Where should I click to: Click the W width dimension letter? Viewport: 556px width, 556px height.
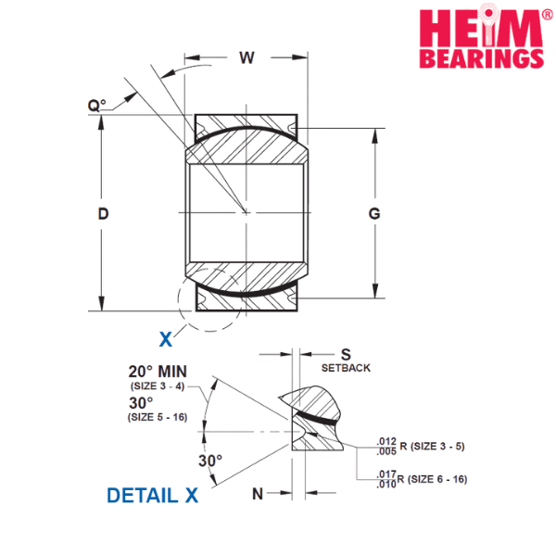pyautogui.click(x=246, y=57)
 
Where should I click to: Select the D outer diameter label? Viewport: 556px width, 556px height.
pyautogui.click(x=103, y=213)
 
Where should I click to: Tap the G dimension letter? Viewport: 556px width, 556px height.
pyautogui.click(x=374, y=213)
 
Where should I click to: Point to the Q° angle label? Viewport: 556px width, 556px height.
pyautogui.click(x=96, y=106)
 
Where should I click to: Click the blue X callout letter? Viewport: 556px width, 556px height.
pyautogui.click(x=166, y=339)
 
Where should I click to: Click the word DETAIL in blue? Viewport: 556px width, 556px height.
pyautogui.click(x=142, y=496)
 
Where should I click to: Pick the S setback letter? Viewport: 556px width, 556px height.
pyautogui.click(x=346, y=355)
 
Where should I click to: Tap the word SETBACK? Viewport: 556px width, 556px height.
pyautogui.click(x=346, y=368)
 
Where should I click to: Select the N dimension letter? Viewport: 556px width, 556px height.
pyautogui.click(x=258, y=494)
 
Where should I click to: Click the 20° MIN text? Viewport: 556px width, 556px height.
pyautogui.click(x=158, y=372)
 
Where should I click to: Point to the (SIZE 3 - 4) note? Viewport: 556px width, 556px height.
pyautogui.click(x=158, y=385)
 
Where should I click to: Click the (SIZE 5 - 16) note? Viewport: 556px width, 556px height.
pyautogui.click(x=158, y=417)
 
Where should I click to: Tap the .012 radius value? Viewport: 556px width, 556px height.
pyautogui.click(x=386, y=441)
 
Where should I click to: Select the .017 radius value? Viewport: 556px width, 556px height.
pyautogui.click(x=386, y=474)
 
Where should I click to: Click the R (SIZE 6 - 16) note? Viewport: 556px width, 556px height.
pyautogui.click(x=432, y=479)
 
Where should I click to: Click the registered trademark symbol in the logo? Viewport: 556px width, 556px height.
pyautogui.click(x=547, y=14)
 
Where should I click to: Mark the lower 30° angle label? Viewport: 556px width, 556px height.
pyautogui.click(x=210, y=461)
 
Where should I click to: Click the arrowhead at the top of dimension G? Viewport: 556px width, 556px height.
pyautogui.click(x=375, y=136)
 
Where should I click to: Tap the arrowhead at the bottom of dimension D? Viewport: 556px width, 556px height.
pyautogui.click(x=102, y=304)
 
